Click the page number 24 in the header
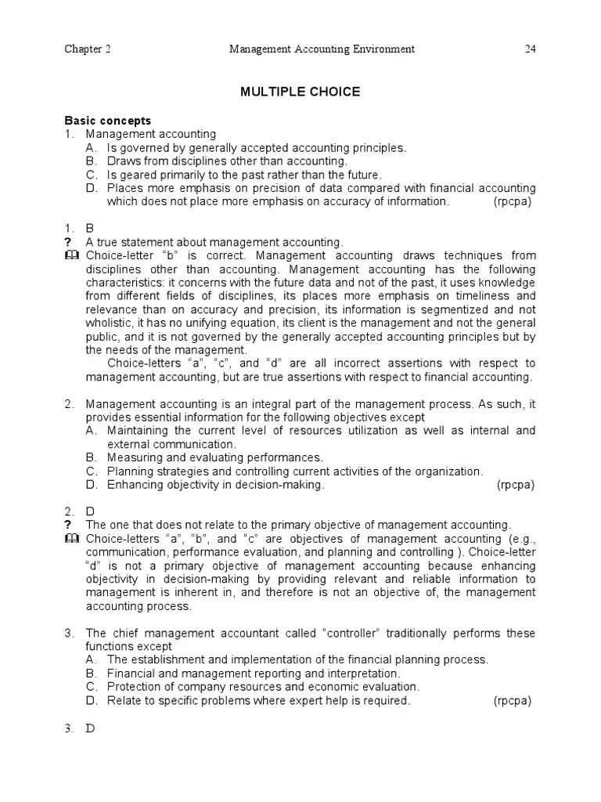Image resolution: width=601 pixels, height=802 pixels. pyautogui.click(x=530, y=50)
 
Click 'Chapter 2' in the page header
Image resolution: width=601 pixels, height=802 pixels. pyautogui.click(x=87, y=50)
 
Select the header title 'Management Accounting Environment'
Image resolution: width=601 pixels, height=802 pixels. pyautogui.click(x=322, y=50)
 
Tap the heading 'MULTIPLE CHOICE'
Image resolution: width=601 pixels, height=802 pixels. pyautogui.click(x=300, y=92)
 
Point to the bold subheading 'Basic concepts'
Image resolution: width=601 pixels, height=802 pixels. pyautogui.click(x=107, y=121)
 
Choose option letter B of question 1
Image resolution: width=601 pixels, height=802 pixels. pyautogui.click(x=91, y=161)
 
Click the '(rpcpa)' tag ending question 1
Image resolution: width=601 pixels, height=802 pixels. pyautogui.click(x=512, y=201)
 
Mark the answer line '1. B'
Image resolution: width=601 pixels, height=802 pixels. pyautogui.click(x=78, y=229)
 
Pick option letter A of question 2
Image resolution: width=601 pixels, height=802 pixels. pyautogui.click(x=91, y=431)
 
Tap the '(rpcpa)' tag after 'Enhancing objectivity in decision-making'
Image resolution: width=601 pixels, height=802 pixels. pyautogui.click(x=516, y=485)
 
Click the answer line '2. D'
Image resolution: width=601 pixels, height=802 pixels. pyautogui.click(x=78, y=511)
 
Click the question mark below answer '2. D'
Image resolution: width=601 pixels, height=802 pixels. pyautogui.click(x=68, y=525)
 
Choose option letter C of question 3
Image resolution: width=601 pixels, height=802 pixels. pyautogui.click(x=91, y=687)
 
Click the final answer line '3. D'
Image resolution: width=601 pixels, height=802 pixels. pyautogui.click(x=78, y=728)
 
